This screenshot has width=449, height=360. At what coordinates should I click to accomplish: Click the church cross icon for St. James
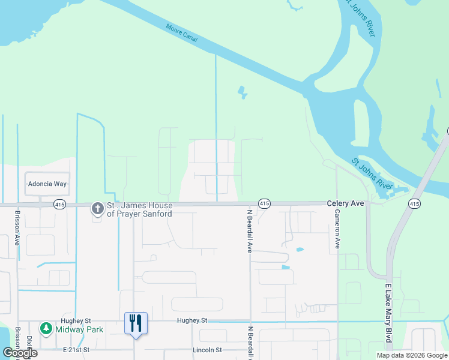[x=97, y=209]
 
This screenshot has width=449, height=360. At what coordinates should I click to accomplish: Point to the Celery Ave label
[x=345, y=204]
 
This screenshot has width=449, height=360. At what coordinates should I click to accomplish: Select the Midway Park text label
[x=79, y=329]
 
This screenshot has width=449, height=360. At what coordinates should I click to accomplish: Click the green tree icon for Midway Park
[x=46, y=329]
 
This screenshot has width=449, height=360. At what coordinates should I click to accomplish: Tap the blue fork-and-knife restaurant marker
[x=135, y=324]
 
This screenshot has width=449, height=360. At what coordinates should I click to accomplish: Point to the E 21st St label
[x=76, y=349]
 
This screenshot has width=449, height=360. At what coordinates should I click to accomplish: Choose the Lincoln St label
[x=207, y=350]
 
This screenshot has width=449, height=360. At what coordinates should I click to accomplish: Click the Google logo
[x=19, y=353]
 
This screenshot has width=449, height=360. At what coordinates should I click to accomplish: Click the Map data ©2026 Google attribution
[x=412, y=355]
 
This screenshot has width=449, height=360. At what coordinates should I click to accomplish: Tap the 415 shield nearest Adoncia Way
[x=59, y=204]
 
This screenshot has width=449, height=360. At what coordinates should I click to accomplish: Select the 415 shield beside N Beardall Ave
[x=264, y=204]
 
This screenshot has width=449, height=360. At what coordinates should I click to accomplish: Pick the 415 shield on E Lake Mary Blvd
[x=414, y=204]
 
